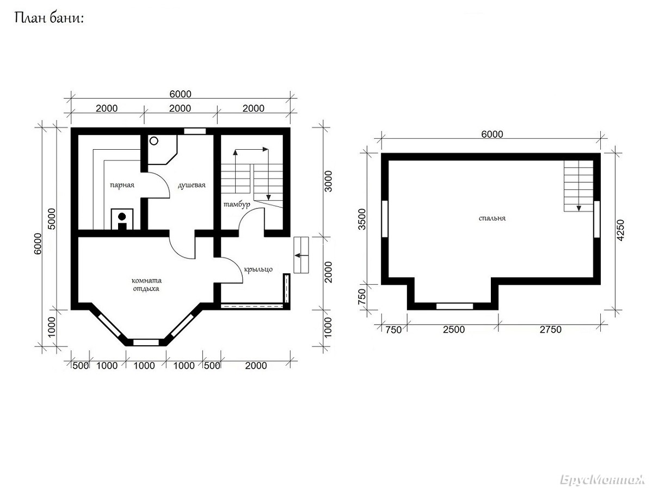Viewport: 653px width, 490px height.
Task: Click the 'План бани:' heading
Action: [49, 19]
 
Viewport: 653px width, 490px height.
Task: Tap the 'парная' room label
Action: [122, 185]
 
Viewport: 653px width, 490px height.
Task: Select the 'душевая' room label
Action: [192, 185]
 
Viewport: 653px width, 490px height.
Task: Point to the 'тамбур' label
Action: [237, 204]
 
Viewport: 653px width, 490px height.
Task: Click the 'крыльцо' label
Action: [258, 269]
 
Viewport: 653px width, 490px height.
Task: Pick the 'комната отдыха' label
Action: [146, 284]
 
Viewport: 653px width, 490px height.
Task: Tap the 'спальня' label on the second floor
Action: [492, 218]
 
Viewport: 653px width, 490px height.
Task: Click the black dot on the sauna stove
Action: [122, 216]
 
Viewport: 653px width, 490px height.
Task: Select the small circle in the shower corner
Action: [154, 141]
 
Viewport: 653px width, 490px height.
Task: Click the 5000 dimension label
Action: [52, 219]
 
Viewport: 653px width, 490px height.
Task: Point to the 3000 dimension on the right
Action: [328, 181]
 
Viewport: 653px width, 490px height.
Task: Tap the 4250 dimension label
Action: [620, 230]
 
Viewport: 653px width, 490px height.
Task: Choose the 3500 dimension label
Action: [362, 219]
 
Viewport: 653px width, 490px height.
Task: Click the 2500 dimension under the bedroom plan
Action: [454, 329]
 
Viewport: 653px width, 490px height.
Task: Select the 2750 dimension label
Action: [550, 329]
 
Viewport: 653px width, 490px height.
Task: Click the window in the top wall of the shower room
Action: [195, 131]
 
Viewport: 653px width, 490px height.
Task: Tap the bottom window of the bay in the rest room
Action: [146, 342]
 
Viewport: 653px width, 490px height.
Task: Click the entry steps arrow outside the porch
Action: [301, 255]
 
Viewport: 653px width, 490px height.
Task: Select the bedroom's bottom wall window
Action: [454, 306]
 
